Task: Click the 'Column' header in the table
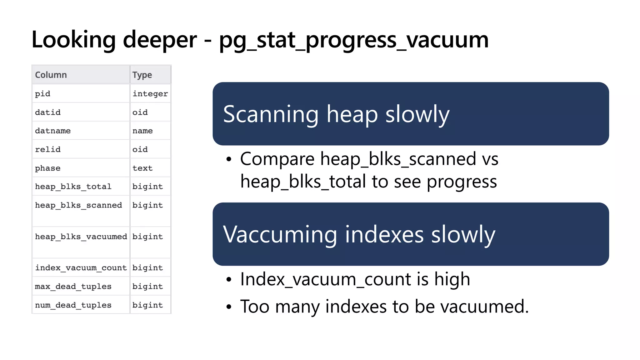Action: point(51,75)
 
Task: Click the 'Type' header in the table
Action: point(142,75)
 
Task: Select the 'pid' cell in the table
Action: point(42,94)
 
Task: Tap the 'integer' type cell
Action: point(150,94)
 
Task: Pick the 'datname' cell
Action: point(53,131)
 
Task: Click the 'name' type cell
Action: point(142,131)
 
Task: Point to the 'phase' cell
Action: point(47,168)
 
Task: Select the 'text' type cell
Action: point(142,168)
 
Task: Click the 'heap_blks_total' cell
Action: point(73,187)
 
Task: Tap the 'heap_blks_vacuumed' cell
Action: point(81,237)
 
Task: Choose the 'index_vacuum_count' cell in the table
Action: point(81,268)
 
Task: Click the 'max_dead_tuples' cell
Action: point(73,286)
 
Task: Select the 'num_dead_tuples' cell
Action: point(73,305)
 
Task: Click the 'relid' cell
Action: point(47,149)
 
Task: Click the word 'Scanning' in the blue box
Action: point(271,115)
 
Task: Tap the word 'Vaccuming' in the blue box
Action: point(280,235)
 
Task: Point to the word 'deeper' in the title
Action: point(160,40)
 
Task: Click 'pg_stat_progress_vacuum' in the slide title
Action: point(354,40)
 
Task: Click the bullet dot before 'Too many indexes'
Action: point(229,307)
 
